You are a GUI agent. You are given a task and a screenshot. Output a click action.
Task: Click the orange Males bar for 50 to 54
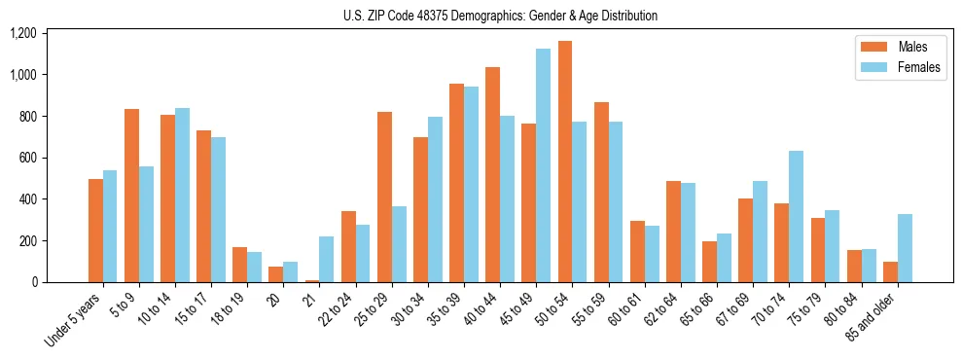(x=565, y=162)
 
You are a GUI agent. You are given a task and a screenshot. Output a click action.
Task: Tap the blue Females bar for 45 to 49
(x=543, y=165)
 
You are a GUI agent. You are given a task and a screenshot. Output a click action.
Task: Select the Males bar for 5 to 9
(x=131, y=196)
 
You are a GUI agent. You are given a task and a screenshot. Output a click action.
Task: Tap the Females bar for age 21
(x=326, y=259)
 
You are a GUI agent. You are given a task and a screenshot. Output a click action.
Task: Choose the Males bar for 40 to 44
(x=492, y=174)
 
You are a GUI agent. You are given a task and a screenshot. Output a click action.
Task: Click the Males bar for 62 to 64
(x=673, y=232)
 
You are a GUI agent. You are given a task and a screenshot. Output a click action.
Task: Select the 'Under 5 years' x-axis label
(x=76, y=318)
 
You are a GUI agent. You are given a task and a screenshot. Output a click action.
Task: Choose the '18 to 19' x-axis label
(x=230, y=306)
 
